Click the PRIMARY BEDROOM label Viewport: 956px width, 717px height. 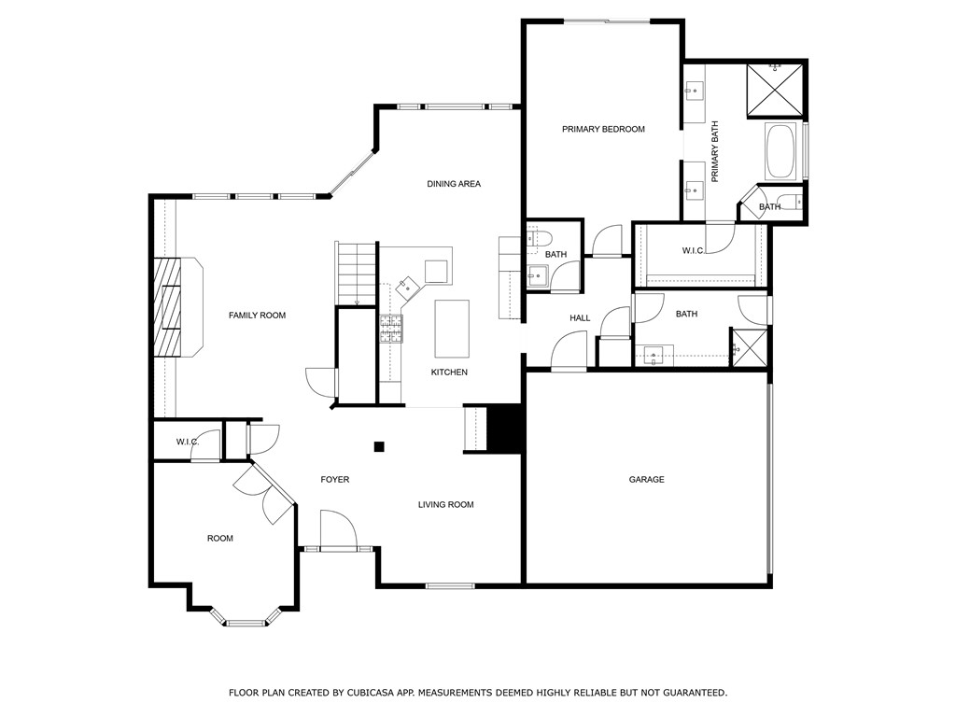click(x=603, y=129)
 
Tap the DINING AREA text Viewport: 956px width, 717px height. click(x=454, y=184)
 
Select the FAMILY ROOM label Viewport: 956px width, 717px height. click(x=257, y=316)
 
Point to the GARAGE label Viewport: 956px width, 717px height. click(x=646, y=480)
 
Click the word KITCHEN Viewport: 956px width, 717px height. click(x=449, y=373)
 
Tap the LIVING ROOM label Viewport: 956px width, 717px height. click(x=445, y=505)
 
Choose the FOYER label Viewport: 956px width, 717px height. click(x=335, y=480)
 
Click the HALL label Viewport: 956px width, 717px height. click(x=580, y=318)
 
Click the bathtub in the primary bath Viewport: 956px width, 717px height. click(x=780, y=152)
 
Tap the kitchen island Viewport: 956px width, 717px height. click(x=452, y=328)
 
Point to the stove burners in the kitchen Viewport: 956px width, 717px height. click(x=390, y=326)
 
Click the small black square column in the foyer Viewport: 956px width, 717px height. click(x=379, y=446)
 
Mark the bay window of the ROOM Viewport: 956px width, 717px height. click(x=246, y=620)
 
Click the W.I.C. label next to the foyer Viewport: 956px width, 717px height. click(x=188, y=442)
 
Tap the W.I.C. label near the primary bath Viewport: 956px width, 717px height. click(x=693, y=250)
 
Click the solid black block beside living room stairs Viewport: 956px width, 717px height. click(x=505, y=429)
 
